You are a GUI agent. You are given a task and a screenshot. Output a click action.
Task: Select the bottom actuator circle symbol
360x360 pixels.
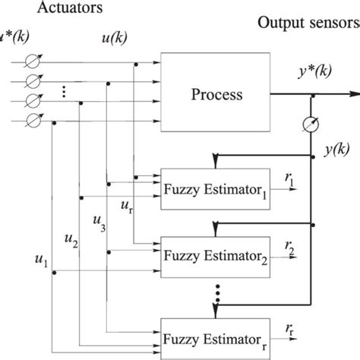[33, 118]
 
